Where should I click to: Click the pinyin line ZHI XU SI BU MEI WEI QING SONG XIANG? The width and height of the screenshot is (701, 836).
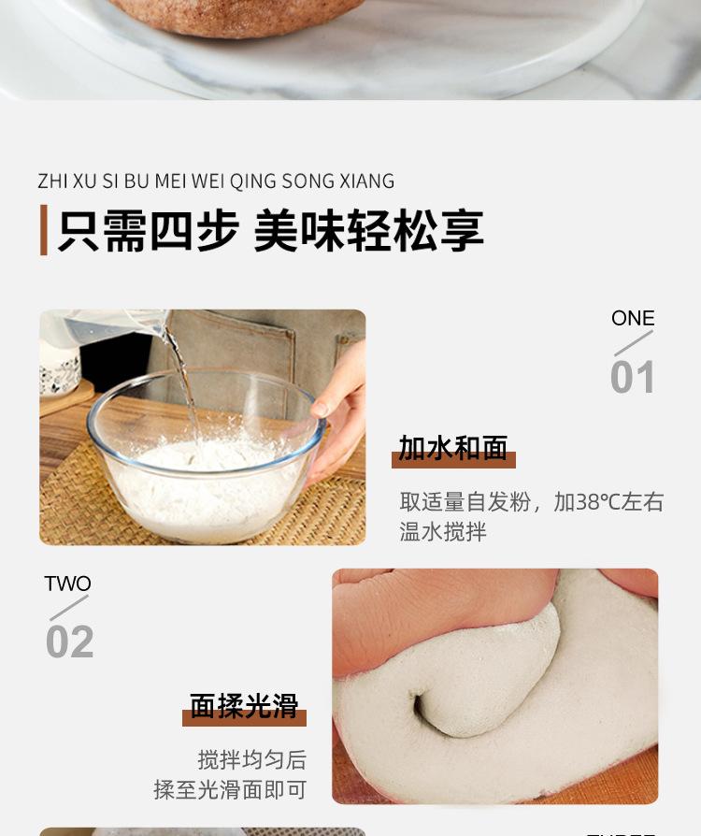point(216,181)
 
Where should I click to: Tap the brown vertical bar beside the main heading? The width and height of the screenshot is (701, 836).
point(43,231)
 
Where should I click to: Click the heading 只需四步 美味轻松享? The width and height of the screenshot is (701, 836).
point(270,232)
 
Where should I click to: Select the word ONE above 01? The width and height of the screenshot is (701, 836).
point(633,319)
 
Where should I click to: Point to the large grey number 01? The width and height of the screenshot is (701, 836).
point(633,378)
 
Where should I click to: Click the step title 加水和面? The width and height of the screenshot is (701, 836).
point(453,449)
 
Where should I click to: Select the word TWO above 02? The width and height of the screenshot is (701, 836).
point(68,584)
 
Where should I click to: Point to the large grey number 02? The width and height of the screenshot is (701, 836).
point(70,642)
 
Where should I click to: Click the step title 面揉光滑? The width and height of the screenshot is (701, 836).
point(244,706)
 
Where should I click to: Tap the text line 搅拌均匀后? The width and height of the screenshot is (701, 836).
point(251,759)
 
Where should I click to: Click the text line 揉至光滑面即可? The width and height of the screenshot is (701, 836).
point(230,790)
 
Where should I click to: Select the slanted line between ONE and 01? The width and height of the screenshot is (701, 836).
point(633,344)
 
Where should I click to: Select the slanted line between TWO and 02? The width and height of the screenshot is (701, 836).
point(69,609)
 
